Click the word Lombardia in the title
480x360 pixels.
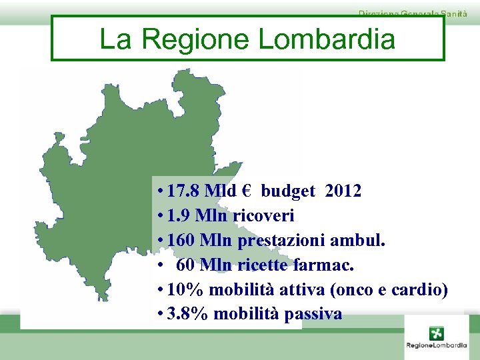326,39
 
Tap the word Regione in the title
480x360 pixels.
196,39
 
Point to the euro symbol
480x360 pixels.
246,192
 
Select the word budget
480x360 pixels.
288,192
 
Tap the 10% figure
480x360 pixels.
186,290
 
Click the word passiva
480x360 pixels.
313,314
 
